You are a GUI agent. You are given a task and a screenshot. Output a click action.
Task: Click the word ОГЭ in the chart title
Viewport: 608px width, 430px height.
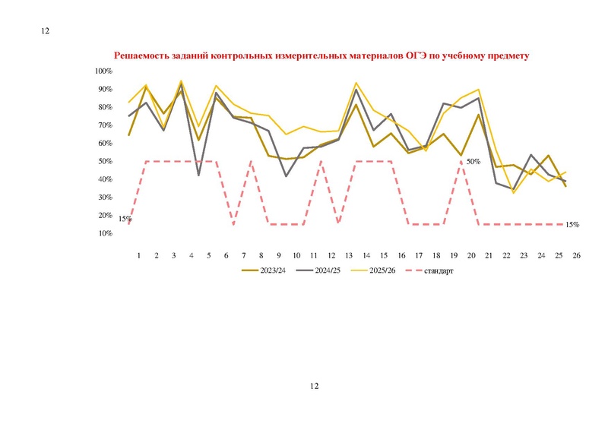[416, 55]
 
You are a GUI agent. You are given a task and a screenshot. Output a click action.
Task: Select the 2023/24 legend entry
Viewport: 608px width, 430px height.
[264, 270]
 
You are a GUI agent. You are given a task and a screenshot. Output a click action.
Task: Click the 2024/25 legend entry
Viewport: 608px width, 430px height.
[318, 270]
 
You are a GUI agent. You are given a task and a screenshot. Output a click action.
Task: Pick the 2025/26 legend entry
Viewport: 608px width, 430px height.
[373, 270]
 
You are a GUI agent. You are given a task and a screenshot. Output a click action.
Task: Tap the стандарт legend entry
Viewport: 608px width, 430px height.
[429, 270]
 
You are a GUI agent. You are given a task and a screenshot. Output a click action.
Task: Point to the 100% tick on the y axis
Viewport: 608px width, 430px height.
[103, 71]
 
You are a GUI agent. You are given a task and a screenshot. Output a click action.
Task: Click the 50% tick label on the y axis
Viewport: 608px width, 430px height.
[105, 161]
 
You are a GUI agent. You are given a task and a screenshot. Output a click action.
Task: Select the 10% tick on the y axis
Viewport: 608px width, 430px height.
[105, 233]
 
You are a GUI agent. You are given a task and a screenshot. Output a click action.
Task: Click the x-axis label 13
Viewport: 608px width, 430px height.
[349, 255]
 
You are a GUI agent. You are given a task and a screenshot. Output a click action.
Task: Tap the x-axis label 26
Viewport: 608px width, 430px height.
[577, 255]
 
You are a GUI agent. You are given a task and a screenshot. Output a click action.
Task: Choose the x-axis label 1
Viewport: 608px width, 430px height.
[139, 255]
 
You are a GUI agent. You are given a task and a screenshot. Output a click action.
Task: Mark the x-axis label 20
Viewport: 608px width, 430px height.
[471, 255]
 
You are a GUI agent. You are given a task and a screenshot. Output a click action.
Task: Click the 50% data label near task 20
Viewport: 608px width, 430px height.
[473, 162]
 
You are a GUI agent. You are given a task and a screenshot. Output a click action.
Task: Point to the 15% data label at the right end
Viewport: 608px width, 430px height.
[572, 225]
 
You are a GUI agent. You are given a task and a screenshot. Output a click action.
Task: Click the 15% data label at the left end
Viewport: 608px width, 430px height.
[125, 219]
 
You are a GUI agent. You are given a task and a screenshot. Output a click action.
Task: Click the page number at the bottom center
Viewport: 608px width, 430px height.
[315, 386]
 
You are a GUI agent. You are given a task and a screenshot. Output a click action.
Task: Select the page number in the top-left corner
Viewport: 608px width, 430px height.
[46, 31]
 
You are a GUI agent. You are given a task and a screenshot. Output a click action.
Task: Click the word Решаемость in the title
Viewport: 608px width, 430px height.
[141, 55]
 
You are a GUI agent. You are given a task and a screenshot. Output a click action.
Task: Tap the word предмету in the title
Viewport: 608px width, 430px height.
[508, 55]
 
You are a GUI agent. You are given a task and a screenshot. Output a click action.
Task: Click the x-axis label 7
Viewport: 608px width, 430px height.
[244, 255]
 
